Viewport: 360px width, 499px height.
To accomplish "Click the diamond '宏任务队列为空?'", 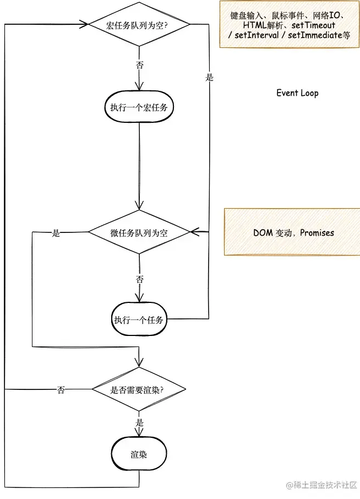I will [x=139, y=25].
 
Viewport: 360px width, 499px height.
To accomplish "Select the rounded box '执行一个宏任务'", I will [x=139, y=107].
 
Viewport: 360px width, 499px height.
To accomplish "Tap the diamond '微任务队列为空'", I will [x=139, y=232].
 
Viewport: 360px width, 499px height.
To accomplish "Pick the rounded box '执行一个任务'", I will [x=139, y=319].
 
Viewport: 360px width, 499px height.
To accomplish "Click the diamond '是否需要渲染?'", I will [x=139, y=390].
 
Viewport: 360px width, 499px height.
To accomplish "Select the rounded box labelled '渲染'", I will [x=139, y=455].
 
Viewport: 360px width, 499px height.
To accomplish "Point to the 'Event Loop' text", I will [x=297, y=93].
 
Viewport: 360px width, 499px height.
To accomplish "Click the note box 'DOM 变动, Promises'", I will [x=292, y=232].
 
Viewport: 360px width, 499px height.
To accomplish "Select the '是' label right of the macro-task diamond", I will [x=209, y=78].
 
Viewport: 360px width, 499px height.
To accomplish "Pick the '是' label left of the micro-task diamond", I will [x=56, y=233].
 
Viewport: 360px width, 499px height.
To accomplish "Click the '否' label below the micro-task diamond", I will [x=139, y=279].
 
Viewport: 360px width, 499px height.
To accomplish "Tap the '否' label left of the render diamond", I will [x=61, y=390].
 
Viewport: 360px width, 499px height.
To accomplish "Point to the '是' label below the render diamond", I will [x=139, y=422].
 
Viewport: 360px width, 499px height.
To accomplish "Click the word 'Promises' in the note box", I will [x=316, y=232].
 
